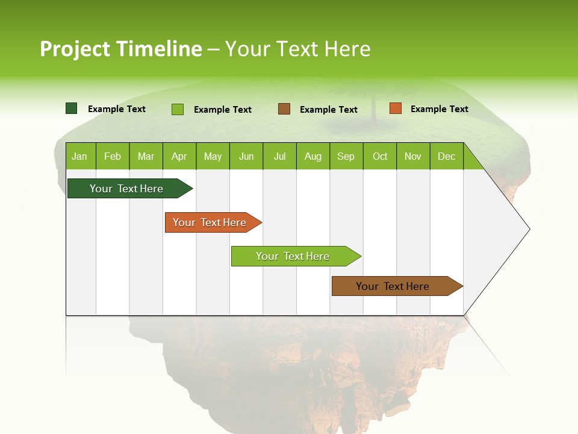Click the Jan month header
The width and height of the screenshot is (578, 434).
(80, 156)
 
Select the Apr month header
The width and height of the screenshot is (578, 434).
(179, 156)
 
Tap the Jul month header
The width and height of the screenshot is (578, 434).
(280, 156)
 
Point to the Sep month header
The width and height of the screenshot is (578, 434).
(346, 156)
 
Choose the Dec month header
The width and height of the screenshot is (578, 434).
(447, 156)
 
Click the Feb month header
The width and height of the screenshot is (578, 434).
(113, 156)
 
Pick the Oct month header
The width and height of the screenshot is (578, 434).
(380, 156)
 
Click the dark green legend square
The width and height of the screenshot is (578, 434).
(72, 108)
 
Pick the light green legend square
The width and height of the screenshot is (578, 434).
(178, 109)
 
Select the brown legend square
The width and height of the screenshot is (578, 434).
(284, 109)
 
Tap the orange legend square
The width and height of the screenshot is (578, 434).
(395, 108)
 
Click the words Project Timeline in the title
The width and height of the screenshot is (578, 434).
(121, 49)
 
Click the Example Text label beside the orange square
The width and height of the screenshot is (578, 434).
(439, 109)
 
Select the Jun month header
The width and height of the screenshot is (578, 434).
(246, 156)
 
